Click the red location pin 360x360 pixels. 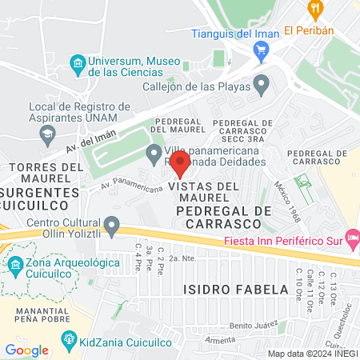click(180, 165)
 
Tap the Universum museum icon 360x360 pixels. click(78, 63)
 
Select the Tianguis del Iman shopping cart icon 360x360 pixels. click(260, 50)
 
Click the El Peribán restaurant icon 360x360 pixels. click(314, 10)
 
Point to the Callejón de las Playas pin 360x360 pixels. click(262, 83)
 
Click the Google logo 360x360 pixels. click(26, 350)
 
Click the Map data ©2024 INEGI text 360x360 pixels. click(312, 353)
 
